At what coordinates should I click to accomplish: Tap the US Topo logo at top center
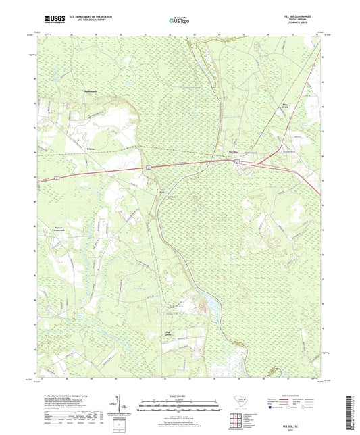click(179, 21)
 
